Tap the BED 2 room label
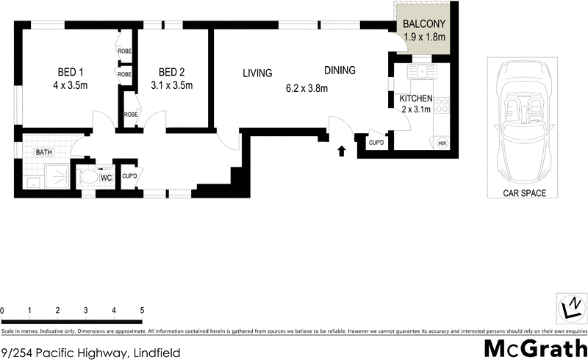(x=171, y=72)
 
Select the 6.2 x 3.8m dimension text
(x=306, y=89)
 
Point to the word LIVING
(x=258, y=73)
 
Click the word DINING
(x=340, y=71)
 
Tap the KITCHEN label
(x=416, y=98)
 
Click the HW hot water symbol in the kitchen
(x=442, y=143)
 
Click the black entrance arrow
(x=341, y=151)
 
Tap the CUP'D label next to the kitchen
(x=376, y=143)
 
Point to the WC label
(x=106, y=177)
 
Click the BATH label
(x=45, y=153)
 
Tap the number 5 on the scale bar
(x=141, y=311)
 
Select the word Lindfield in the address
(x=156, y=353)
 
